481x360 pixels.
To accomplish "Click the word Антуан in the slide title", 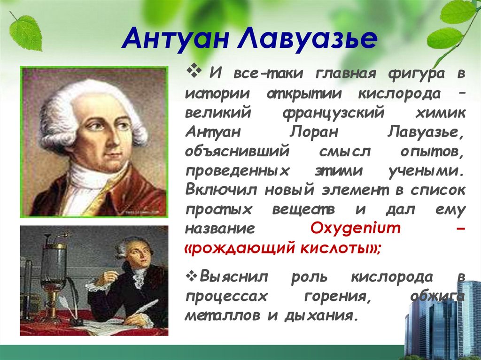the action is pyautogui.click(x=175, y=38).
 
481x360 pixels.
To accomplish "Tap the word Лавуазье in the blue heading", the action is pyautogui.click(x=306, y=38).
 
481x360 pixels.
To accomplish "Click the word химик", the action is pyautogui.click(x=440, y=113).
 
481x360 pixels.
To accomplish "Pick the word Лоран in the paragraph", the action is pyautogui.click(x=314, y=132).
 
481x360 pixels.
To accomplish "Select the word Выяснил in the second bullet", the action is pyautogui.click(x=233, y=276).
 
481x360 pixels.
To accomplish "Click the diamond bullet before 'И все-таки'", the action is pyautogui.click(x=194, y=72).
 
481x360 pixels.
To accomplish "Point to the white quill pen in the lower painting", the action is pyautogui.click(x=144, y=306).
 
